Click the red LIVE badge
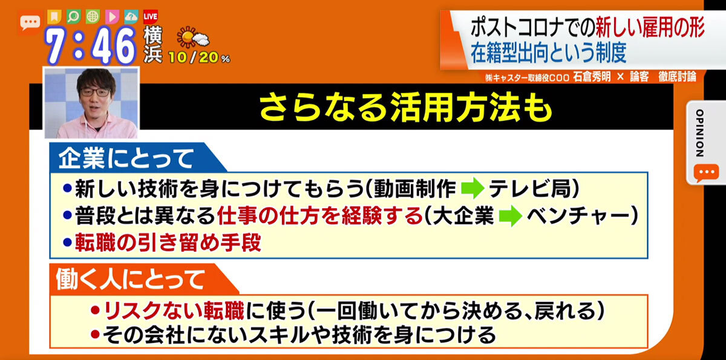click(x=151, y=17)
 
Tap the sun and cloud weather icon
click(x=193, y=38)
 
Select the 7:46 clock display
click(x=91, y=46)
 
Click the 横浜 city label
click(x=152, y=44)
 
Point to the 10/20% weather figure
click(x=199, y=57)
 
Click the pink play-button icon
click(x=112, y=17)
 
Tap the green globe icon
click(x=93, y=16)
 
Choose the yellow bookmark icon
click(x=54, y=16)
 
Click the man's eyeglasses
click(x=94, y=93)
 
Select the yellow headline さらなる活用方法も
click(x=405, y=107)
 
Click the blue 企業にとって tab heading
click(x=126, y=159)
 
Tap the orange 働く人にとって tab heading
click(x=131, y=280)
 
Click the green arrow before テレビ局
click(x=473, y=188)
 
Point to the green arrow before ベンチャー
click(x=511, y=215)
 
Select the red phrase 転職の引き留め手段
click(x=168, y=243)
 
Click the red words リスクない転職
click(x=174, y=310)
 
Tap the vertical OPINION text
click(x=699, y=133)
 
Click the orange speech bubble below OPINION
click(x=706, y=173)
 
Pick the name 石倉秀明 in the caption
click(x=592, y=77)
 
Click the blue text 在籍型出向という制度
click(x=548, y=53)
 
